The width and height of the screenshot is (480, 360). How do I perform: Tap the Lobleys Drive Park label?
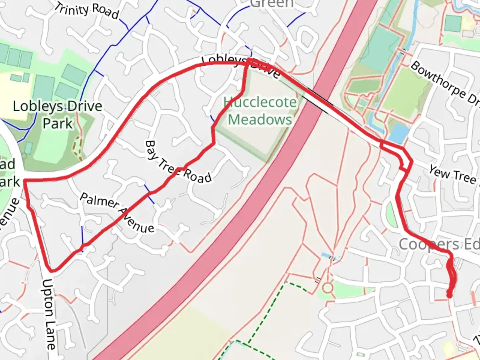(57, 115)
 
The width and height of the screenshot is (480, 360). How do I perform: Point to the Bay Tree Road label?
(178, 162)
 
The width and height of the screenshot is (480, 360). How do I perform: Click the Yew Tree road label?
(453, 175)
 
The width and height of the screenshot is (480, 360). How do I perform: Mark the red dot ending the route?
(449, 295)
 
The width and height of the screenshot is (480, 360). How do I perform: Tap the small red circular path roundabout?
(327, 288)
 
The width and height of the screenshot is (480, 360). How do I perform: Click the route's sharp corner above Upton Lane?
(52, 269)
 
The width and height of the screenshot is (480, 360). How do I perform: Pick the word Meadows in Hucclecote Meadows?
(260, 119)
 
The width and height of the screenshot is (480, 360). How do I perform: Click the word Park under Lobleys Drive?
(57, 123)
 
